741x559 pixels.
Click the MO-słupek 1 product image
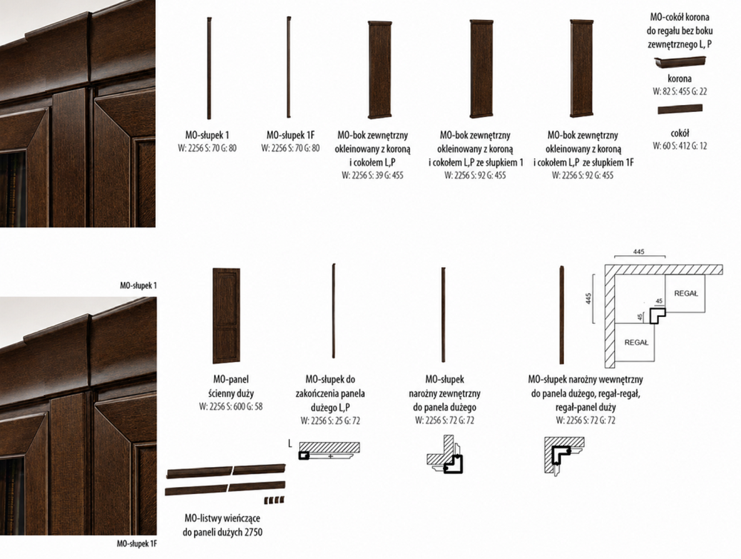(209, 68)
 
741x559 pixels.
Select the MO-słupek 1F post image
(289, 67)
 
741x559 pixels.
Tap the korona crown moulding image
(680, 62)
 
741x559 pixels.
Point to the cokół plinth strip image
(680, 109)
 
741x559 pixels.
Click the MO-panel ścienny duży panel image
(226, 316)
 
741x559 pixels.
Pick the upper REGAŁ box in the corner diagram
(686, 293)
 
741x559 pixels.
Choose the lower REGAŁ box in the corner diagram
(636, 342)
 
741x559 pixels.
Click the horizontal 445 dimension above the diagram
(639, 252)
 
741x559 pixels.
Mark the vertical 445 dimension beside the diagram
(589, 299)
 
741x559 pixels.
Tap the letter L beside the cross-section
(290, 443)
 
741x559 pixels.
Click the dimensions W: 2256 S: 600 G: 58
(230, 406)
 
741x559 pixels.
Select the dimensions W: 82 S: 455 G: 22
(679, 91)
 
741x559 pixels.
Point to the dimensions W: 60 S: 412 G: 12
(679, 146)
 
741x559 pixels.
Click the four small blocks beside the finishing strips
(274, 500)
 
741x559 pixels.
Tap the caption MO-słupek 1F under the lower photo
(137, 544)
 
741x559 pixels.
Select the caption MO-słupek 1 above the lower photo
(138, 285)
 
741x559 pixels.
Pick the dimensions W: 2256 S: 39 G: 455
(372, 175)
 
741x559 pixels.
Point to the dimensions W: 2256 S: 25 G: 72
(330, 421)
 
